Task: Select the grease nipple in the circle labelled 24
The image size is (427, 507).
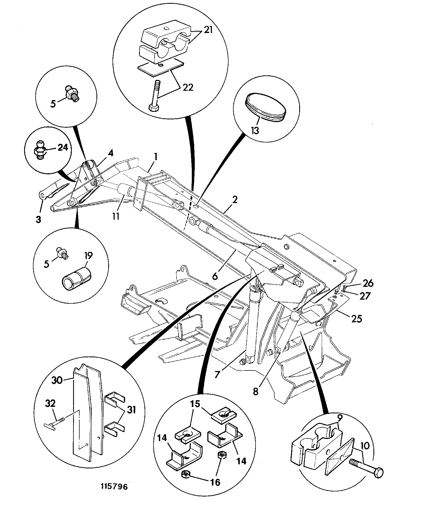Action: (x=40, y=150)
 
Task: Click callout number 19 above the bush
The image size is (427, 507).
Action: (x=88, y=256)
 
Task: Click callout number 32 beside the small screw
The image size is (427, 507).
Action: (x=51, y=404)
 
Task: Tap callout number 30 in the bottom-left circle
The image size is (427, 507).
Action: (x=57, y=380)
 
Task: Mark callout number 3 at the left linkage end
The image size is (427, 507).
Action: (x=39, y=219)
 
